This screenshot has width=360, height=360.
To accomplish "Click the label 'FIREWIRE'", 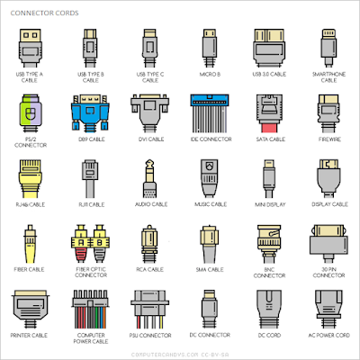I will click(328, 140).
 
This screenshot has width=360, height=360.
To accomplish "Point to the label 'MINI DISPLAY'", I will click(268, 205).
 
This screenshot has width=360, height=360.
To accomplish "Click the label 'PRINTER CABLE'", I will click(31, 335).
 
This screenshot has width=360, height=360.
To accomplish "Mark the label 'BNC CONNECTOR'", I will click(268, 273).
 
